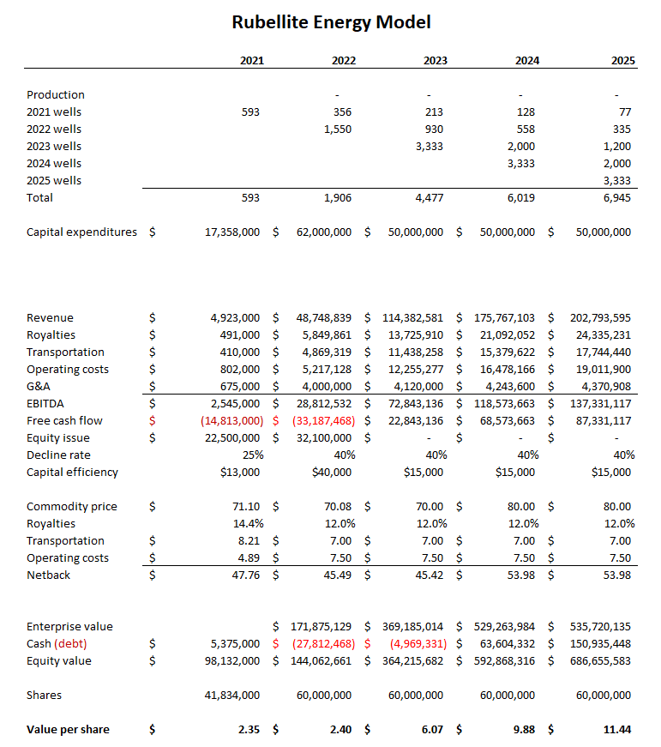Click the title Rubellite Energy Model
click(331, 22)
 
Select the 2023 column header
click(435, 61)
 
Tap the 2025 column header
click(618, 61)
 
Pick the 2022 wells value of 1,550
click(338, 130)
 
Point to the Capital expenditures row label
click(81, 232)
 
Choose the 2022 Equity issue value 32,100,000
click(319, 438)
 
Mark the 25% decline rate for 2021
click(252, 455)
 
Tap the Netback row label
click(48, 575)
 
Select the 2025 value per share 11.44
click(616, 730)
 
